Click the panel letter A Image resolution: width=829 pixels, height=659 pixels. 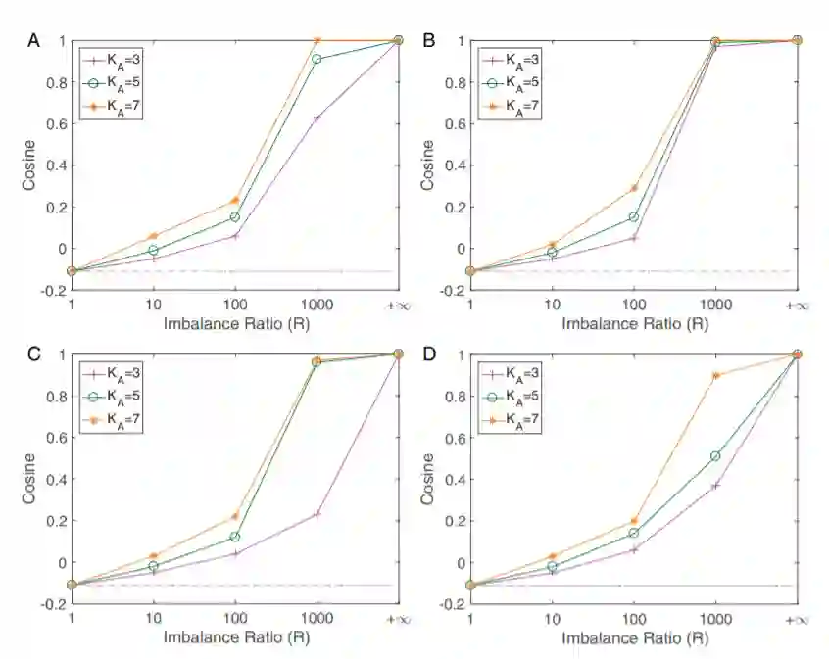(34, 40)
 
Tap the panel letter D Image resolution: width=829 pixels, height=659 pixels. (427, 353)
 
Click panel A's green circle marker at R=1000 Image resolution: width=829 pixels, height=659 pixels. (317, 59)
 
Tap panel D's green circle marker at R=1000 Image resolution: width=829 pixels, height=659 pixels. (716, 456)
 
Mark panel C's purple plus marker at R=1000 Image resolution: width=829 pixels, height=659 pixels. (317, 513)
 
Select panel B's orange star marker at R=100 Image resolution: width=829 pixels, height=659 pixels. (634, 187)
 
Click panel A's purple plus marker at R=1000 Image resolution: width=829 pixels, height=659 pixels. (317, 118)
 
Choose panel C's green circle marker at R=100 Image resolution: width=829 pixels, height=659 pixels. (235, 537)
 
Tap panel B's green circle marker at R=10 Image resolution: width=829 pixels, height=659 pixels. (553, 253)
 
